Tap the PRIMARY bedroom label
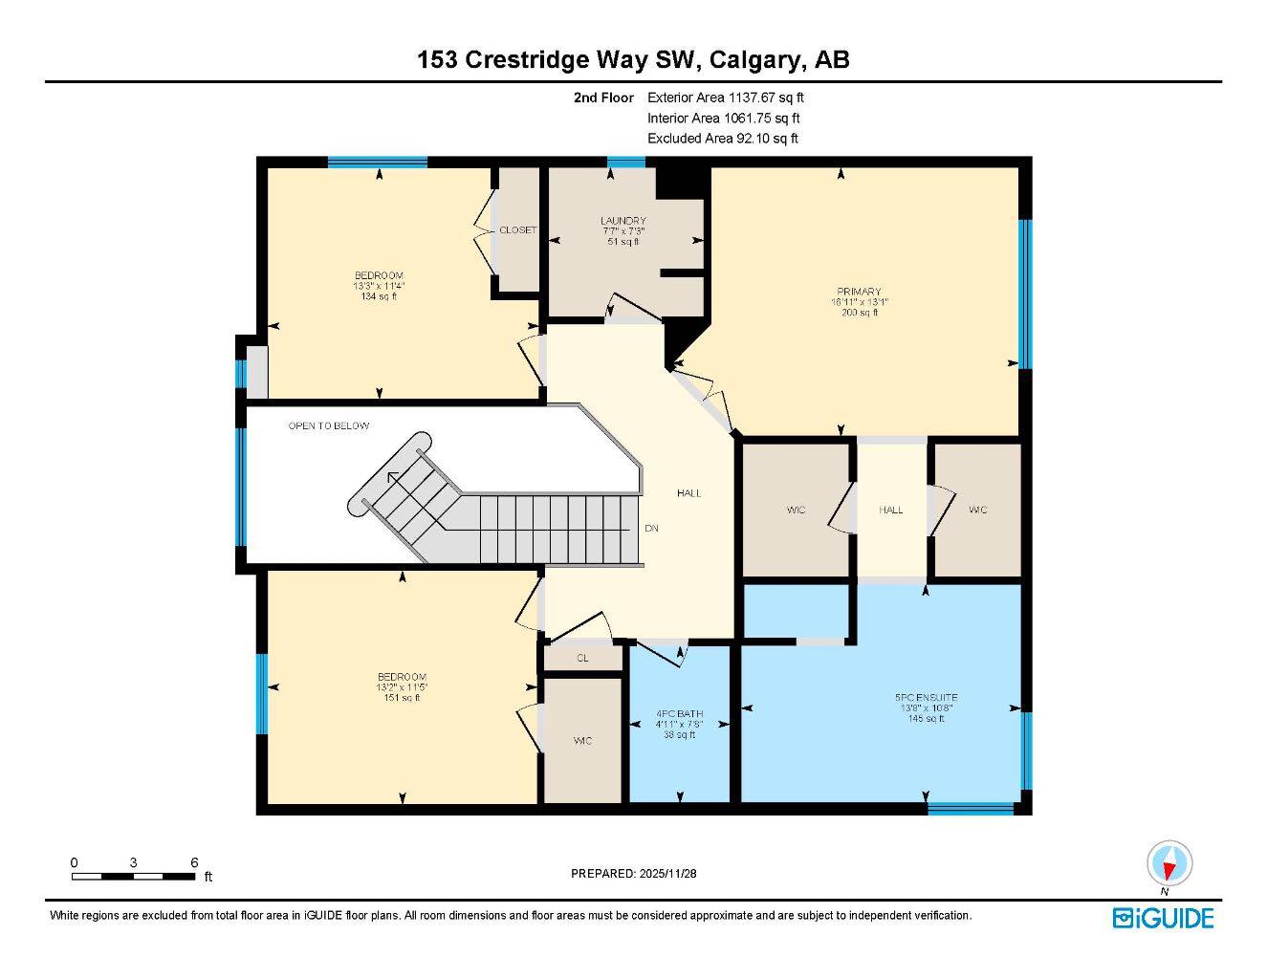pos(859,292)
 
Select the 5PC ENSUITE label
pos(927,698)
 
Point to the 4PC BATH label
pos(679,713)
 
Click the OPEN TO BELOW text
pos(329,425)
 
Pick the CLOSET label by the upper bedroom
pos(518,230)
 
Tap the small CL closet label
pos(582,659)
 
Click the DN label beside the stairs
pos(651,529)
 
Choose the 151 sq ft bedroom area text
pos(402,698)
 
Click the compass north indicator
pos(1169,866)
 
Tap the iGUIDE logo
pos(1163,918)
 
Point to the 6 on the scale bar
pos(194,862)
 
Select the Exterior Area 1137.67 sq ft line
pos(726,97)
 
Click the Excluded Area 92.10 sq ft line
pos(722,139)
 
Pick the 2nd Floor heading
pos(603,98)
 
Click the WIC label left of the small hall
pos(796,510)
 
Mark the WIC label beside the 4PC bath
pos(582,741)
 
